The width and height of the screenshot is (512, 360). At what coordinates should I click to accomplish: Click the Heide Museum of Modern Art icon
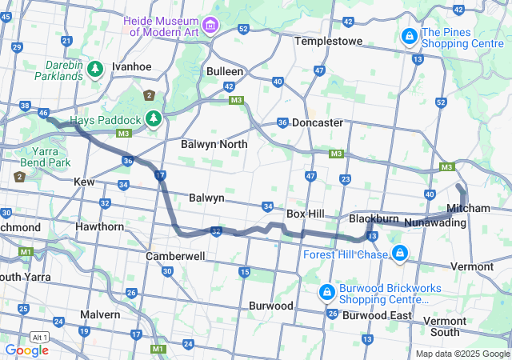tap(210, 26)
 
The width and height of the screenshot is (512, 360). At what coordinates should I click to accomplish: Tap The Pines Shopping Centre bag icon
tap(409, 36)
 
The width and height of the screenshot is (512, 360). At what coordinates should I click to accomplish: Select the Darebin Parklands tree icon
tap(95, 70)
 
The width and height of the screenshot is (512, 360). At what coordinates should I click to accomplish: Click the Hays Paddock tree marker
tap(153, 120)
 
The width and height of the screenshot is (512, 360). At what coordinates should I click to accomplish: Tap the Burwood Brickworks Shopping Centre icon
tap(326, 291)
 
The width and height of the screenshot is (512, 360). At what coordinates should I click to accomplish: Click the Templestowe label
tap(328, 41)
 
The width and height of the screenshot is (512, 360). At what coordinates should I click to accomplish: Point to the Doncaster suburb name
tap(318, 123)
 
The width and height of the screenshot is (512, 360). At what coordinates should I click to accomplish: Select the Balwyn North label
tap(214, 145)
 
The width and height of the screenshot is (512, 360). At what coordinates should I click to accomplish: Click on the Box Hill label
tap(305, 214)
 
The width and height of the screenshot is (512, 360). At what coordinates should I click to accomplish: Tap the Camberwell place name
tap(175, 257)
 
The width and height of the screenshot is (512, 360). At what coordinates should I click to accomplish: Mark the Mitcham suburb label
tap(468, 208)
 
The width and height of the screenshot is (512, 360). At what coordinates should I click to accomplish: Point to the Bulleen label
tap(225, 71)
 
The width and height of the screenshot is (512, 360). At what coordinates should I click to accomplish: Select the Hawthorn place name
tap(99, 226)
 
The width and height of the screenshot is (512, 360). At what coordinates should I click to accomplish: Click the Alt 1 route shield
tap(38, 337)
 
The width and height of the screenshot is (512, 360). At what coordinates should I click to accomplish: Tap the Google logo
tap(26, 350)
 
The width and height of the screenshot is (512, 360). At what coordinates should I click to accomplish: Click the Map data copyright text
tap(462, 354)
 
